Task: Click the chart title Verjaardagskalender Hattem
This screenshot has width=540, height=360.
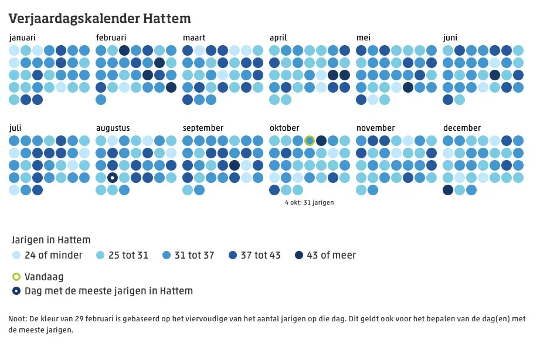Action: [99, 19]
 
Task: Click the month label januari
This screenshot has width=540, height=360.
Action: [22, 38]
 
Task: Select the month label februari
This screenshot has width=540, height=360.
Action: [111, 38]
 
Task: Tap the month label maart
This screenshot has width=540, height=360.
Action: [194, 38]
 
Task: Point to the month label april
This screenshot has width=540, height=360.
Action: [278, 38]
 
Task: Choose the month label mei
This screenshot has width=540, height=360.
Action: [363, 38]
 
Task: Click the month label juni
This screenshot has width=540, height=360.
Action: [450, 38]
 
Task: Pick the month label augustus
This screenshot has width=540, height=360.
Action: [113, 128]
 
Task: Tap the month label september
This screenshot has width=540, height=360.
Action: [203, 128]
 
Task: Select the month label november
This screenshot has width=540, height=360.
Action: [375, 128]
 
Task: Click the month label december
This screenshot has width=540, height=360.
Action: [462, 128]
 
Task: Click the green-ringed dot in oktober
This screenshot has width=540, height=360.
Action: [310, 141]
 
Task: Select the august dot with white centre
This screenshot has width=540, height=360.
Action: [113, 178]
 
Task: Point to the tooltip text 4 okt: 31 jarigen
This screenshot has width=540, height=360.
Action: [310, 203]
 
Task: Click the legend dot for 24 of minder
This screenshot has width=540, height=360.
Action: [16, 255]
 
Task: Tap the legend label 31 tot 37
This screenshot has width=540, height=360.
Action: [195, 255]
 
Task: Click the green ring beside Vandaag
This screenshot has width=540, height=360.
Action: [16, 277]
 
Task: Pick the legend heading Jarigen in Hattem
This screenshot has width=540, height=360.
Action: [51, 240]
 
